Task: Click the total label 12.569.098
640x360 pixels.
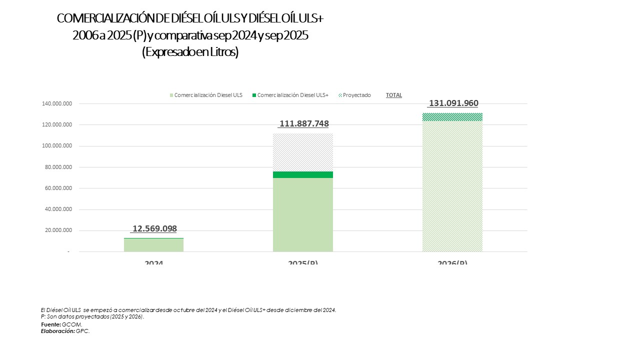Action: tap(154, 228)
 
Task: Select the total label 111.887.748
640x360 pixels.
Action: tap(304, 124)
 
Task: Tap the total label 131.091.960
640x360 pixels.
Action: tap(453, 103)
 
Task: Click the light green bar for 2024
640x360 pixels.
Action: tap(153, 245)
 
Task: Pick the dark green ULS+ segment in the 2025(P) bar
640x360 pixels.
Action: tap(303, 174)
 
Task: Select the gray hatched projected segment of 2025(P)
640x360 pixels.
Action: tap(303, 152)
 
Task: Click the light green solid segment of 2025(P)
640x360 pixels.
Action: tap(303, 215)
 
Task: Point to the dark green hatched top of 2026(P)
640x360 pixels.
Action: tap(452, 117)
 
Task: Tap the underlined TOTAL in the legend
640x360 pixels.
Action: tap(394, 95)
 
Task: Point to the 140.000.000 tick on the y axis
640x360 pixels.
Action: tap(56, 103)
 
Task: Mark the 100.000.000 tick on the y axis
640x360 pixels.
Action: tap(56, 146)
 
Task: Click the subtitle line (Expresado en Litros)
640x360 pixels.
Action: tap(190, 52)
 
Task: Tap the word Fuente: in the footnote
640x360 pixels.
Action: tap(51, 324)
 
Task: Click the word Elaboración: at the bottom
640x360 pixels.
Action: tap(58, 331)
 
